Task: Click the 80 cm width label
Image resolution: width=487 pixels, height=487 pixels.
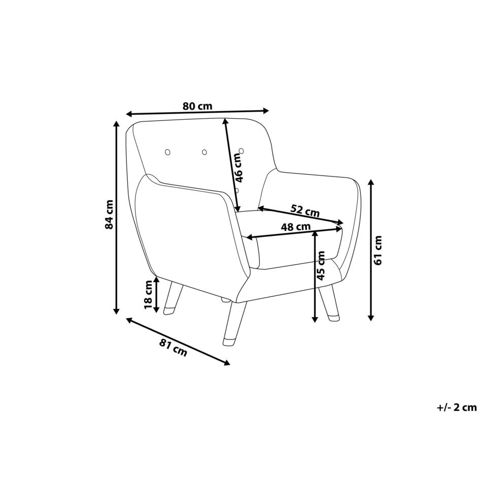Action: tap(197, 107)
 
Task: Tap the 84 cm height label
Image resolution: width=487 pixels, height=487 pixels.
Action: tap(109, 215)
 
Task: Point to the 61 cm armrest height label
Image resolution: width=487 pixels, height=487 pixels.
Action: tap(378, 251)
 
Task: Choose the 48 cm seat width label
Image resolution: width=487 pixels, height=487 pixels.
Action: tap(296, 227)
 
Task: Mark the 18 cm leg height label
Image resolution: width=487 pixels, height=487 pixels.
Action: tap(148, 295)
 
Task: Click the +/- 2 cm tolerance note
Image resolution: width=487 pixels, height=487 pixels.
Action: tap(457, 407)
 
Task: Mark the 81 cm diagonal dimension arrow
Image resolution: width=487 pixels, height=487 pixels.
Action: tap(178, 340)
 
